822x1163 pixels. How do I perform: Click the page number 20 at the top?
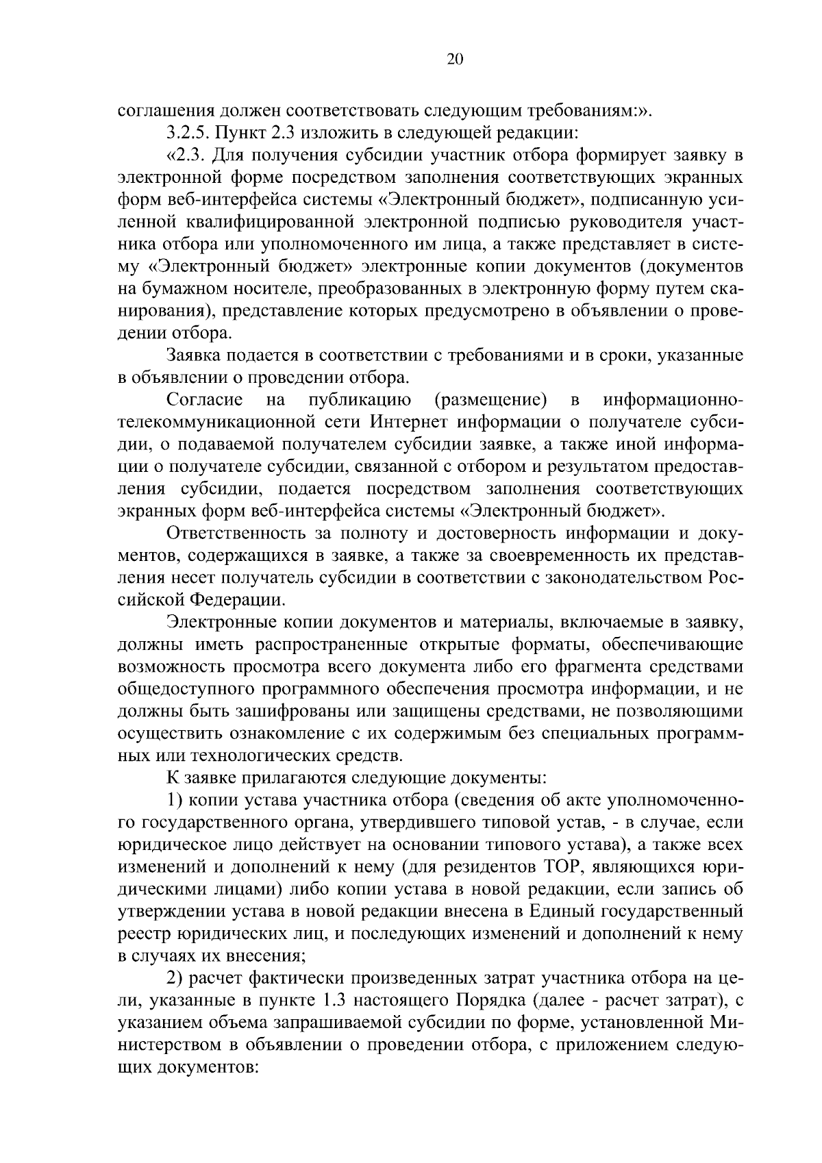click(x=455, y=60)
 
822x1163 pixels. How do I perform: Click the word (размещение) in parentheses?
click(x=490, y=399)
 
